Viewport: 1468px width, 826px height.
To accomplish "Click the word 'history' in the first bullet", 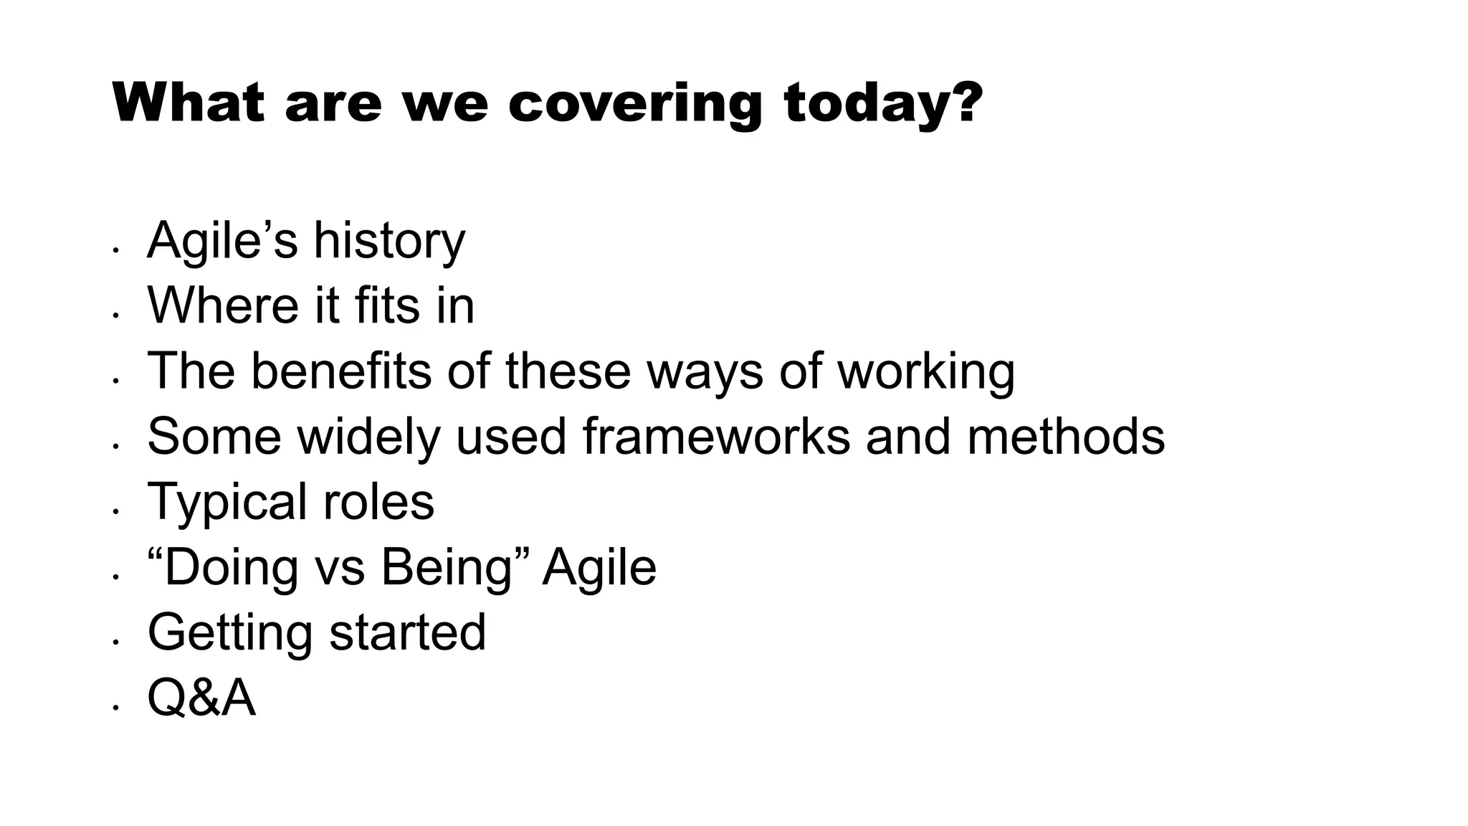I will tap(389, 241).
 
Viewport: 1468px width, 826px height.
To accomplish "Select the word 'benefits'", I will tap(341, 371).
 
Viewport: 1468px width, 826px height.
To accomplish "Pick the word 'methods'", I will tap(1065, 436).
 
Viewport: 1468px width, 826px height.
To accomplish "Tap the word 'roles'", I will tap(378, 501).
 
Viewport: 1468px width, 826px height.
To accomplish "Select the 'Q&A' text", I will tap(201, 698).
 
